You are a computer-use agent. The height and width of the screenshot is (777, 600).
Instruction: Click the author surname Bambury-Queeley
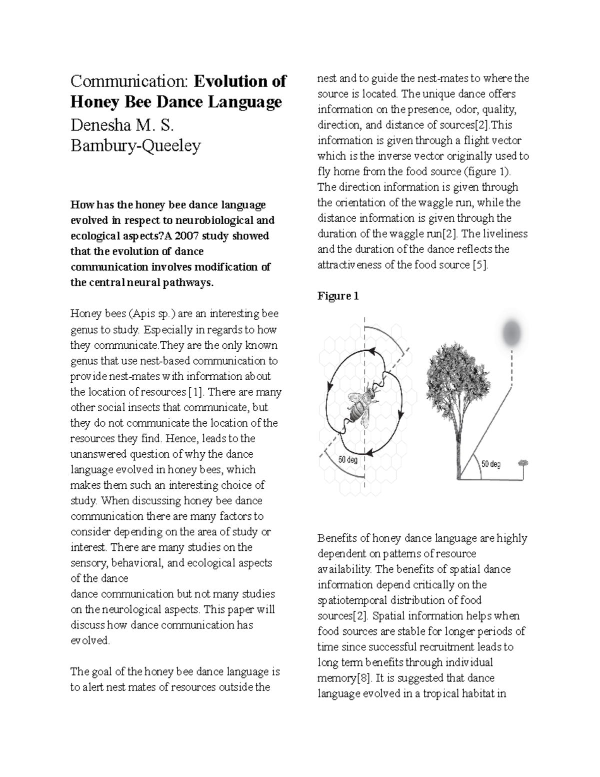(135, 146)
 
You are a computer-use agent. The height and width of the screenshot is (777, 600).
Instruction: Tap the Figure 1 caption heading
(338, 296)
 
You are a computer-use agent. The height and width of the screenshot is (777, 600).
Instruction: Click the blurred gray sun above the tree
(511, 333)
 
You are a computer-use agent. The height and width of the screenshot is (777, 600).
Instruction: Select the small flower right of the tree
(523, 463)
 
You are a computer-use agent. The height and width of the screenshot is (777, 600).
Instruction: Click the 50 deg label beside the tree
(490, 464)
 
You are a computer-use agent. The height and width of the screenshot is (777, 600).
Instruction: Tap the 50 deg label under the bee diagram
(348, 460)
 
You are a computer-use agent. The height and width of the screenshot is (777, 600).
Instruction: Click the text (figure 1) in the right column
(487, 172)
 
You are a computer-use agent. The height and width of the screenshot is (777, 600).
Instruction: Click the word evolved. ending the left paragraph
(90, 641)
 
